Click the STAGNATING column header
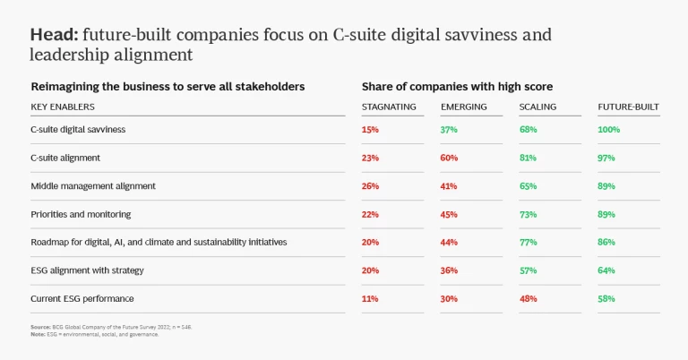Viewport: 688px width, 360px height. [x=389, y=107]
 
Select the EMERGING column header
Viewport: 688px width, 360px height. [x=463, y=107]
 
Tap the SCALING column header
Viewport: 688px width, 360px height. [x=537, y=107]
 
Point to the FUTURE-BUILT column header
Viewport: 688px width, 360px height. [x=628, y=107]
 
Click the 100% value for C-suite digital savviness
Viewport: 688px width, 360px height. [x=609, y=130]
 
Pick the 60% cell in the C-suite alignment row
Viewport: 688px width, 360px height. [x=449, y=158]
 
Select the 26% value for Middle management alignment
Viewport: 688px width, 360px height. [x=370, y=186]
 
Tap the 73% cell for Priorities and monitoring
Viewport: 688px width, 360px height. [x=528, y=214]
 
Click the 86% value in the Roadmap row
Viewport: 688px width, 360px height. [x=606, y=242]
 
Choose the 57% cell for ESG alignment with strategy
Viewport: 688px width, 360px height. [x=528, y=270]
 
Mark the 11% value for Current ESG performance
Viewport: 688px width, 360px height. [x=370, y=298]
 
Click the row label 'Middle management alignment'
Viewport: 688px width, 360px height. [x=93, y=186]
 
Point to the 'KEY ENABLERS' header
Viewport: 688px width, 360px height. [x=63, y=107]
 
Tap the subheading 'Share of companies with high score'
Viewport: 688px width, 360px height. [x=457, y=87]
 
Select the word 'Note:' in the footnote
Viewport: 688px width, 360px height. [x=37, y=334]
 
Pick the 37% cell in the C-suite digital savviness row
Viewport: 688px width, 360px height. [x=449, y=130]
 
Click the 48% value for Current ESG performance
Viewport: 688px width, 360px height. [x=528, y=298]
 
